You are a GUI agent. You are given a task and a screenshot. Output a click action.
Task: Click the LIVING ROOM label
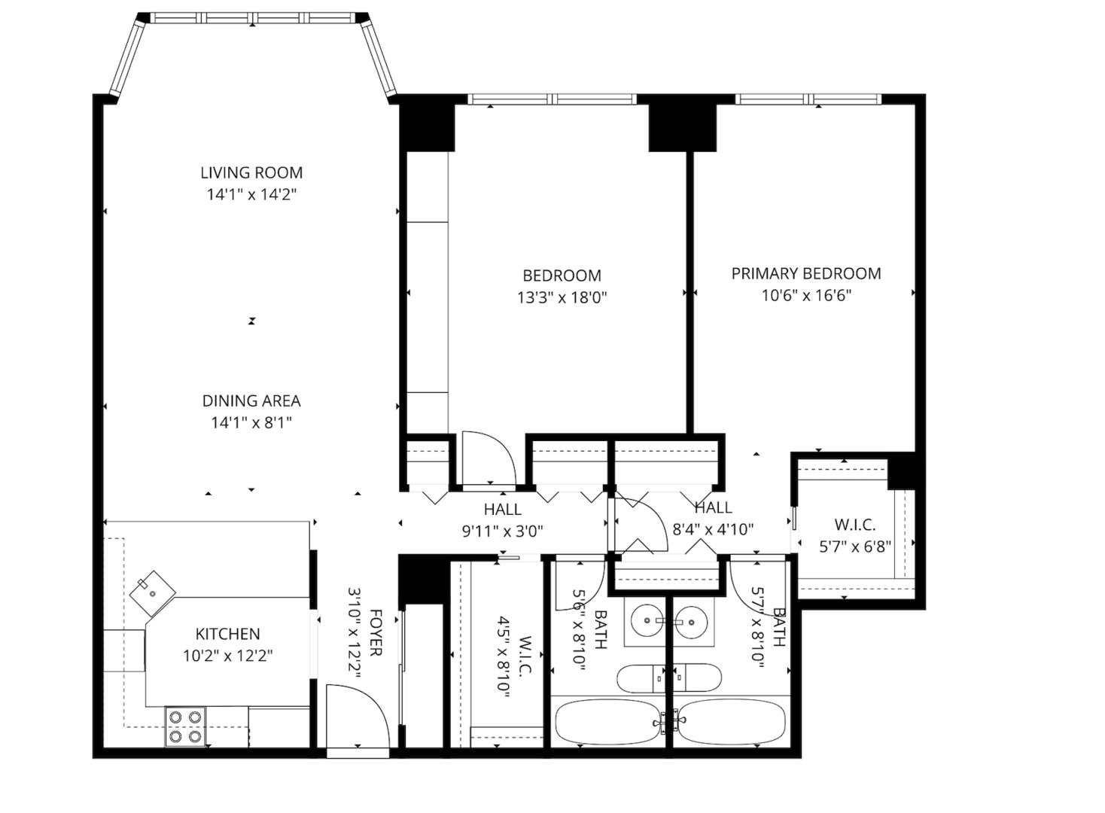[x=251, y=172]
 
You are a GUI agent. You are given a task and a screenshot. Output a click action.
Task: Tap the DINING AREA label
[x=251, y=401]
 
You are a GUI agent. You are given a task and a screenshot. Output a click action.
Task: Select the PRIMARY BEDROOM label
[x=806, y=273]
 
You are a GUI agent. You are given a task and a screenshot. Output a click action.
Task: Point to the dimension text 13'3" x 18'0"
[x=562, y=297]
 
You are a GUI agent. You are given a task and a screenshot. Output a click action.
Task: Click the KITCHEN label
[x=227, y=634]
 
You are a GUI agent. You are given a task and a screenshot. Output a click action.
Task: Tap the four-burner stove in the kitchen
[x=185, y=726]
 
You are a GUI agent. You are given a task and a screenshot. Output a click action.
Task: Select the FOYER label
[x=375, y=632]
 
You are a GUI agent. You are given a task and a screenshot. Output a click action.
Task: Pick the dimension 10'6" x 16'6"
[x=806, y=295]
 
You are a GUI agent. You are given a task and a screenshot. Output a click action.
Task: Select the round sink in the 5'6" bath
[x=646, y=622]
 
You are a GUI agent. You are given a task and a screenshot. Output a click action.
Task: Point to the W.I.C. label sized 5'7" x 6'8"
[x=854, y=525]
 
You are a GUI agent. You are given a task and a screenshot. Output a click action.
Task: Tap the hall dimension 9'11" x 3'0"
[x=502, y=531]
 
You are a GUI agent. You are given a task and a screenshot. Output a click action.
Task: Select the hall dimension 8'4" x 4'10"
[x=712, y=529]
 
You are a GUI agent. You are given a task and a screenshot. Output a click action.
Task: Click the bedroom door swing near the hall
[x=488, y=458]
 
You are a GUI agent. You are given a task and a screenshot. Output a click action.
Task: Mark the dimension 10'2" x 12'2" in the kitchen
[x=227, y=656]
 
